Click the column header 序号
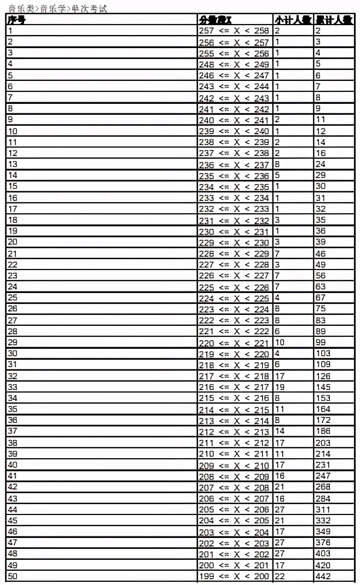tap(17, 20)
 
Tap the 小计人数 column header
tap(293, 20)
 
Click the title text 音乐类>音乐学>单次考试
tap(58, 8)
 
